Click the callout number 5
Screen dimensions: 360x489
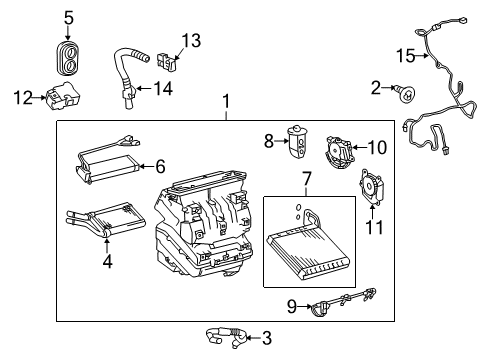click(69, 17)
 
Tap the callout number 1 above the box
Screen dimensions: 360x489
click(228, 101)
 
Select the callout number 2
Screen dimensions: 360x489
click(375, 90)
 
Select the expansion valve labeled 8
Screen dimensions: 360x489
click(299, 141)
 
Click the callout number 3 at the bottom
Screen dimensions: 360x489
click(265, 338)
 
